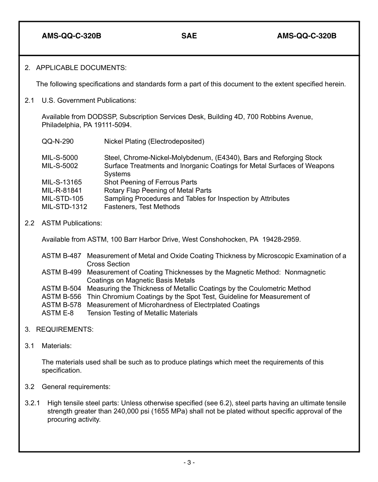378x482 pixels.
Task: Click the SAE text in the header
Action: tap(189, 36)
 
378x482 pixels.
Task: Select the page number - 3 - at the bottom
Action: tap(189, 462)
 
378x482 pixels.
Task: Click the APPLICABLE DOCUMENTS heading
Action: tap(81, 68)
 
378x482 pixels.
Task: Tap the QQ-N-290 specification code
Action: tap(58, 141)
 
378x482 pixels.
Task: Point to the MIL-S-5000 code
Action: tap(60, 158)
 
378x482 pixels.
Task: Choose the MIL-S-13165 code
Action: tap(62, 182)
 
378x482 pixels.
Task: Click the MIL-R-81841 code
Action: tap(62, 190)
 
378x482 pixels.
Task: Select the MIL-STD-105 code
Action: tap(62, 199)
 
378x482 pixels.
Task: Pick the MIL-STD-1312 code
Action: tap(64, 207)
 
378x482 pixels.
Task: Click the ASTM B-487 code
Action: tap(61, 256)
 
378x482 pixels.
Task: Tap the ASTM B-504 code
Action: tap(61, 288)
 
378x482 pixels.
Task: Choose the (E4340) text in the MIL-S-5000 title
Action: tap(228, 158)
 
